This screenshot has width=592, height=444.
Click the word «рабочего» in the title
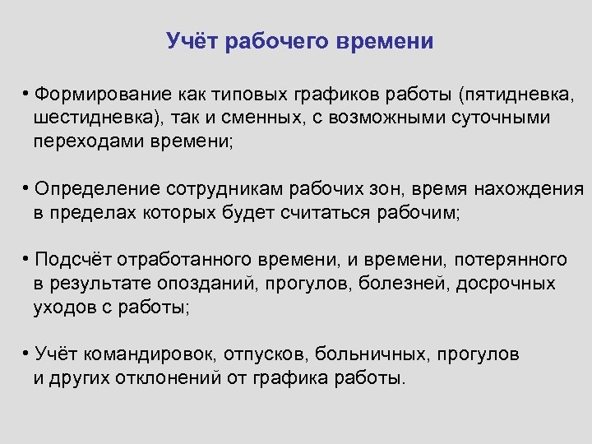pyautogui.click(x=272, y=41)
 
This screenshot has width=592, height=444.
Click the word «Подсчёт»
pyautogui.click(x=70, y=260)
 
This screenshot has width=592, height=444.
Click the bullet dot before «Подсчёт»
pyautogui.click(x=27, y=259)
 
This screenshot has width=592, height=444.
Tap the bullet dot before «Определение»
pyautogui.click(x=27, y=187)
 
